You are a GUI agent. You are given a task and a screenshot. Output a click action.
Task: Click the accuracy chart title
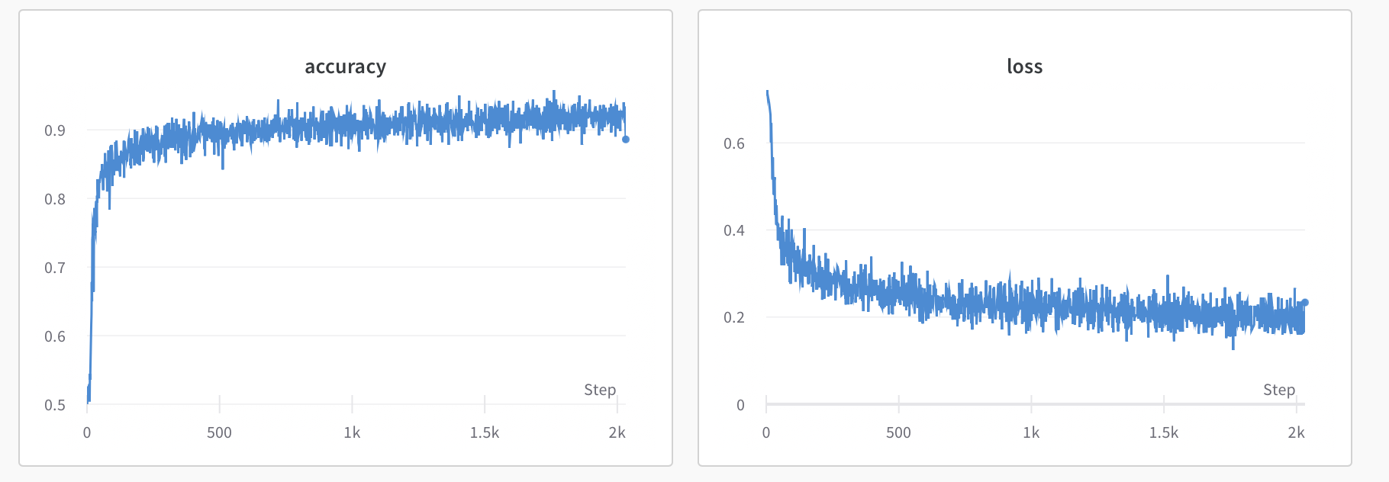346,67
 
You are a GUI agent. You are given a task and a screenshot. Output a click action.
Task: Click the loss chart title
1024,67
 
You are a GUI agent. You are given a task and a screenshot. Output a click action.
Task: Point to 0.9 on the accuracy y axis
55,130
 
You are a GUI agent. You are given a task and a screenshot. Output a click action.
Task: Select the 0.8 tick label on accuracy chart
55,199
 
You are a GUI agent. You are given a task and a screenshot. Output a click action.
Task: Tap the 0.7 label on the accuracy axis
55,268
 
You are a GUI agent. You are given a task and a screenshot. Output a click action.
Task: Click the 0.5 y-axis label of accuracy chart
55,405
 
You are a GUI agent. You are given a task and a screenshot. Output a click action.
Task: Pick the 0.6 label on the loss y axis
734,143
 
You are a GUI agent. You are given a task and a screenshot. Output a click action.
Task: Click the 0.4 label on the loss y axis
734,230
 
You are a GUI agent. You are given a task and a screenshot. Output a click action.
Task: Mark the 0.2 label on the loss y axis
734,317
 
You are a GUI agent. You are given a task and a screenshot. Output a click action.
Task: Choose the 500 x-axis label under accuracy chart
219,432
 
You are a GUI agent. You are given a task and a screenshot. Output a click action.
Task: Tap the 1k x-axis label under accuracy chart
352,432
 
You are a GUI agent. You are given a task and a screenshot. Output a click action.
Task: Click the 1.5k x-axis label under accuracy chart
485,432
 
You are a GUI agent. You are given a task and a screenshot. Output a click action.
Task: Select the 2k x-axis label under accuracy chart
617,432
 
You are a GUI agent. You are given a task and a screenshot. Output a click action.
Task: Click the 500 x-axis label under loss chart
898,432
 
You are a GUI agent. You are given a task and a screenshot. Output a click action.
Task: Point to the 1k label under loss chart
1031,432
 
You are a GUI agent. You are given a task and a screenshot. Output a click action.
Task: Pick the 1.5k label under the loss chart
1164,432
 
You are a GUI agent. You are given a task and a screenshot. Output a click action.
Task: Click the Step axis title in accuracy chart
600,390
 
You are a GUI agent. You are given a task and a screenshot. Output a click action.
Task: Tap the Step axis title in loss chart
1279,390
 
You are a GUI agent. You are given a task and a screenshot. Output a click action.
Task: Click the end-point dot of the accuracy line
626,140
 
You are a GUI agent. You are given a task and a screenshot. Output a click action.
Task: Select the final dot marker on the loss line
1305,303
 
